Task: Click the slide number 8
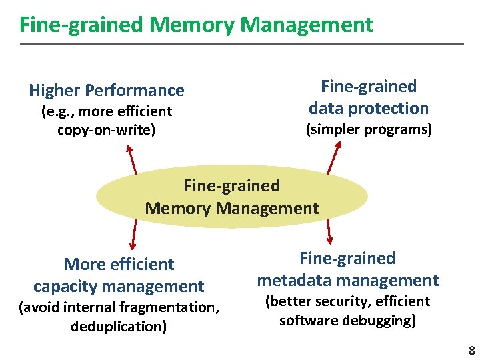(471, 350)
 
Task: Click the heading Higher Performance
(107, 90)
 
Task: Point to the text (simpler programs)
(369, 129)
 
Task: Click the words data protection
(369, 108)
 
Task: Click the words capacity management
(119, 287)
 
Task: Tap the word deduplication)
(119, 327)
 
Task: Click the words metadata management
(348, 281)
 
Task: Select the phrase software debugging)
(348, 321)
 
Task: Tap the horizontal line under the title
(240, 44)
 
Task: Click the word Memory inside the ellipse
(177, 208)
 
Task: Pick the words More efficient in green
(119, 265)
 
